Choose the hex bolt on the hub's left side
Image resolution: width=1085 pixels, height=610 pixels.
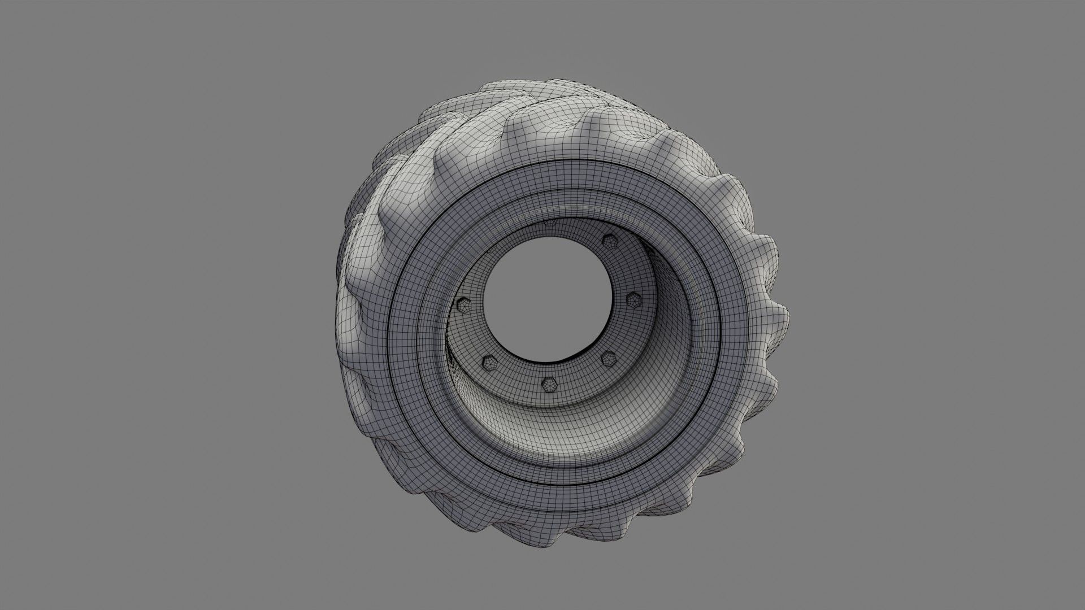point(463,306)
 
